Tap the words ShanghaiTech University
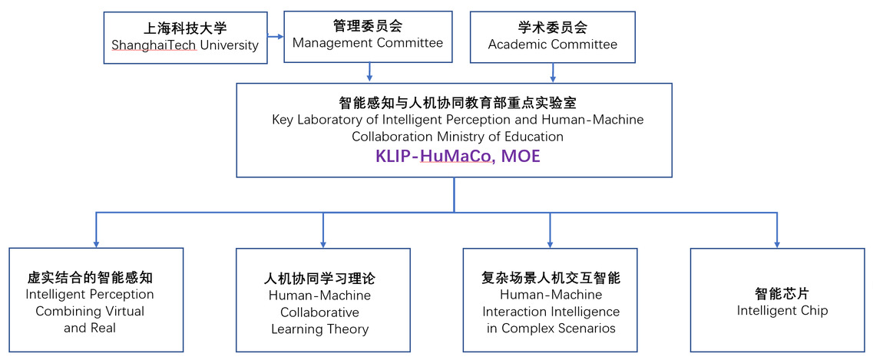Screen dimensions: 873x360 coord(185,45)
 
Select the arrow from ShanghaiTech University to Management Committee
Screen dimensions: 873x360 coord(275,38)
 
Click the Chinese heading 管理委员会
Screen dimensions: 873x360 coord(368,25)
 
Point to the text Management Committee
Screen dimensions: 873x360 coord(368,43)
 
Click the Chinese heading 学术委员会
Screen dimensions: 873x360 coord(552,27)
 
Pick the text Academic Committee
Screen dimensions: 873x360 coord(553,44)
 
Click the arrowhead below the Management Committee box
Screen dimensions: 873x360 coord(369,78)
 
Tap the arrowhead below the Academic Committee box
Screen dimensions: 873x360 coord(553,78)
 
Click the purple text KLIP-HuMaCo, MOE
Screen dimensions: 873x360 coord(458,157)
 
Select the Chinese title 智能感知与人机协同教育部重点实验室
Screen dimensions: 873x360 coord(457,103)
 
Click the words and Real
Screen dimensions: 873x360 coord(90,328)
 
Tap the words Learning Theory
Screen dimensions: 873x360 coord(319,329)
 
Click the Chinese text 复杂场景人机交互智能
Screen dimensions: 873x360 coord(551,277)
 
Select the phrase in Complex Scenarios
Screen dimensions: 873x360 coord(551,329)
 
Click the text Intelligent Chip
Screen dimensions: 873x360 coord(782,310)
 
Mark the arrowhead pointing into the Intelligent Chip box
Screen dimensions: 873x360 coord(777,243)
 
